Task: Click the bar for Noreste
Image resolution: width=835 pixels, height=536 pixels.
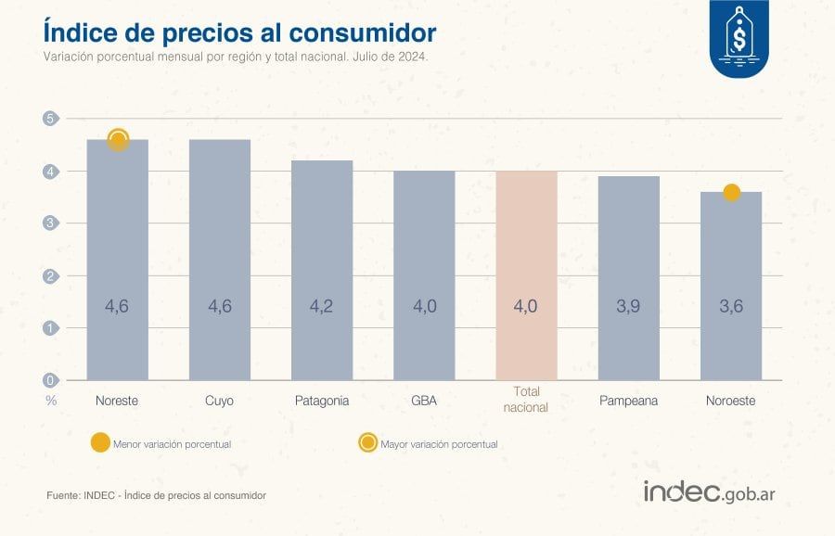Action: point(117,260)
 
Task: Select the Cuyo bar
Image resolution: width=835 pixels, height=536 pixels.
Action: point(219,260)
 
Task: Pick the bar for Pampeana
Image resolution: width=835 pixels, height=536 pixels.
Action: point(628,278)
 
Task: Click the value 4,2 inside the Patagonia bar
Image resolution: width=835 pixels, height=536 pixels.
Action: point(322,307)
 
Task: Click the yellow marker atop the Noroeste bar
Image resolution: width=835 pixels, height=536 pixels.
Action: point(731,193)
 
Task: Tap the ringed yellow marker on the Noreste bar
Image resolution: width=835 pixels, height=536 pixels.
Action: point(118,140)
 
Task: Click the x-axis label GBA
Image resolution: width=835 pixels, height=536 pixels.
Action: point(424,402)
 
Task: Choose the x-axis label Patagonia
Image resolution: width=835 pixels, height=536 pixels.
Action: point(322,402)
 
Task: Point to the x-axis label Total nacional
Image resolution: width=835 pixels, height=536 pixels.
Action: point(526,401)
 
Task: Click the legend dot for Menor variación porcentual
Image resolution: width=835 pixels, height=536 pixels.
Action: point(99,443)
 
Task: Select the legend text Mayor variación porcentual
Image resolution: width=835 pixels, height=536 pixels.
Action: point(439,444)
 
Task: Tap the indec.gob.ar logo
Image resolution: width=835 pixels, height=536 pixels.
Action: point(709,492)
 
